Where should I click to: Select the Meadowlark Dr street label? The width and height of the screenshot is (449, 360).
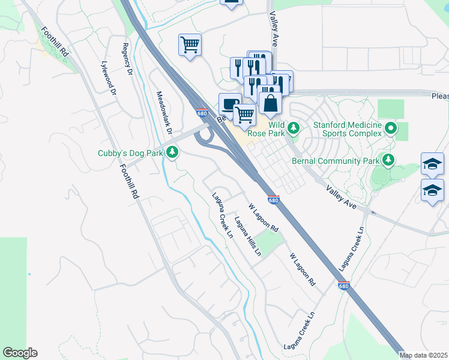click(x=164, y=112)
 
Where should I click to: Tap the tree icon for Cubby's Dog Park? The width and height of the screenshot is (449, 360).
click(x=173, y=153)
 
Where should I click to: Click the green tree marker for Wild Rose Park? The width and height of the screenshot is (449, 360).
click(x=294, y=128)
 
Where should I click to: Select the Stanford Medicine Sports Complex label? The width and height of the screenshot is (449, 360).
click(x=348, y=128)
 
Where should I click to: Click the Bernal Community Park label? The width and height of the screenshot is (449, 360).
click(x=336, y=160)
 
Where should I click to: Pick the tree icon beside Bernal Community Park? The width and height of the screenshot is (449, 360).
click(x=389, y=160)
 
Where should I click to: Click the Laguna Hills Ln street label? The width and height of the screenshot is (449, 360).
click(x=248, y=236)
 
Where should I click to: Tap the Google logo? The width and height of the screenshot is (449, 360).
click(x=20, y=353)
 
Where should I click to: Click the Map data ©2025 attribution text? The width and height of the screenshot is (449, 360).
click(x=423, y=355)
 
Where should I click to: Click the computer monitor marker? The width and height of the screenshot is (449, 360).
click(x=229, y=104)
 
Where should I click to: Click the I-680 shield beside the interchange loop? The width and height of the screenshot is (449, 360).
click(x=202, y=113)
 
